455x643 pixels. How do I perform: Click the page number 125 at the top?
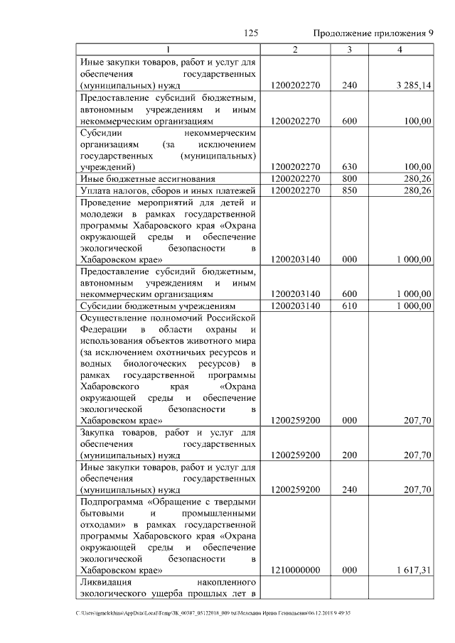[x=250, y=33]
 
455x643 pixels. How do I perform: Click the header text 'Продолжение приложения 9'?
[x=373, y=33]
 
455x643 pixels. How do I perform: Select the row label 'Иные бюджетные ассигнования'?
[x=136, y=179]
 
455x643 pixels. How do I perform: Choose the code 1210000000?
[x=295, y=570]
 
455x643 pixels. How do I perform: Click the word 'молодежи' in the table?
[x=102, y=214]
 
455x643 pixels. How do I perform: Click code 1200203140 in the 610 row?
[x=295, y=306]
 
